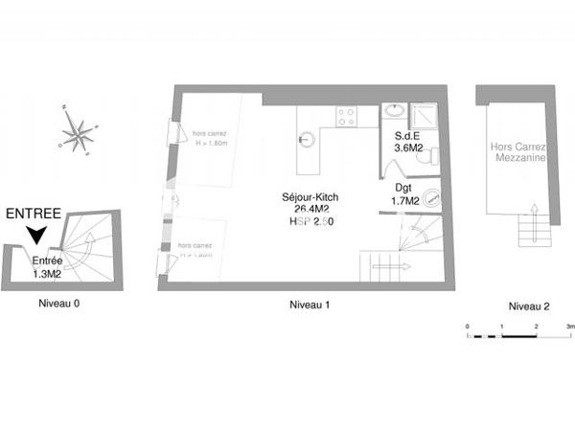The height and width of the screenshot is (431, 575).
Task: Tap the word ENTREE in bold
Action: [34, 214]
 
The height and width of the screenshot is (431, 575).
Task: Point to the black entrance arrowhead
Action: [36, 234]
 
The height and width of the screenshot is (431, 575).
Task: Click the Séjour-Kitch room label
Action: [310, 197]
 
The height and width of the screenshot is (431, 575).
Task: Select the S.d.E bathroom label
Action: [410, 136]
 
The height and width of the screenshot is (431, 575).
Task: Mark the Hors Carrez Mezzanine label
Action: [518, 153]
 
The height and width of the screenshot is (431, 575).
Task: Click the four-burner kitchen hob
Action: [345, 117]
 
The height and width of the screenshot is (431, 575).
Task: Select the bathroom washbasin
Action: [395, 112]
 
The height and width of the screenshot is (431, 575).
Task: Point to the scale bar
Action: [518, 337]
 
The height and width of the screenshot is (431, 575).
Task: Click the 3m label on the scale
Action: [570, 327]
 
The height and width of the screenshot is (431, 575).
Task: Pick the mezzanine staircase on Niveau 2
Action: [530, 231]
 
